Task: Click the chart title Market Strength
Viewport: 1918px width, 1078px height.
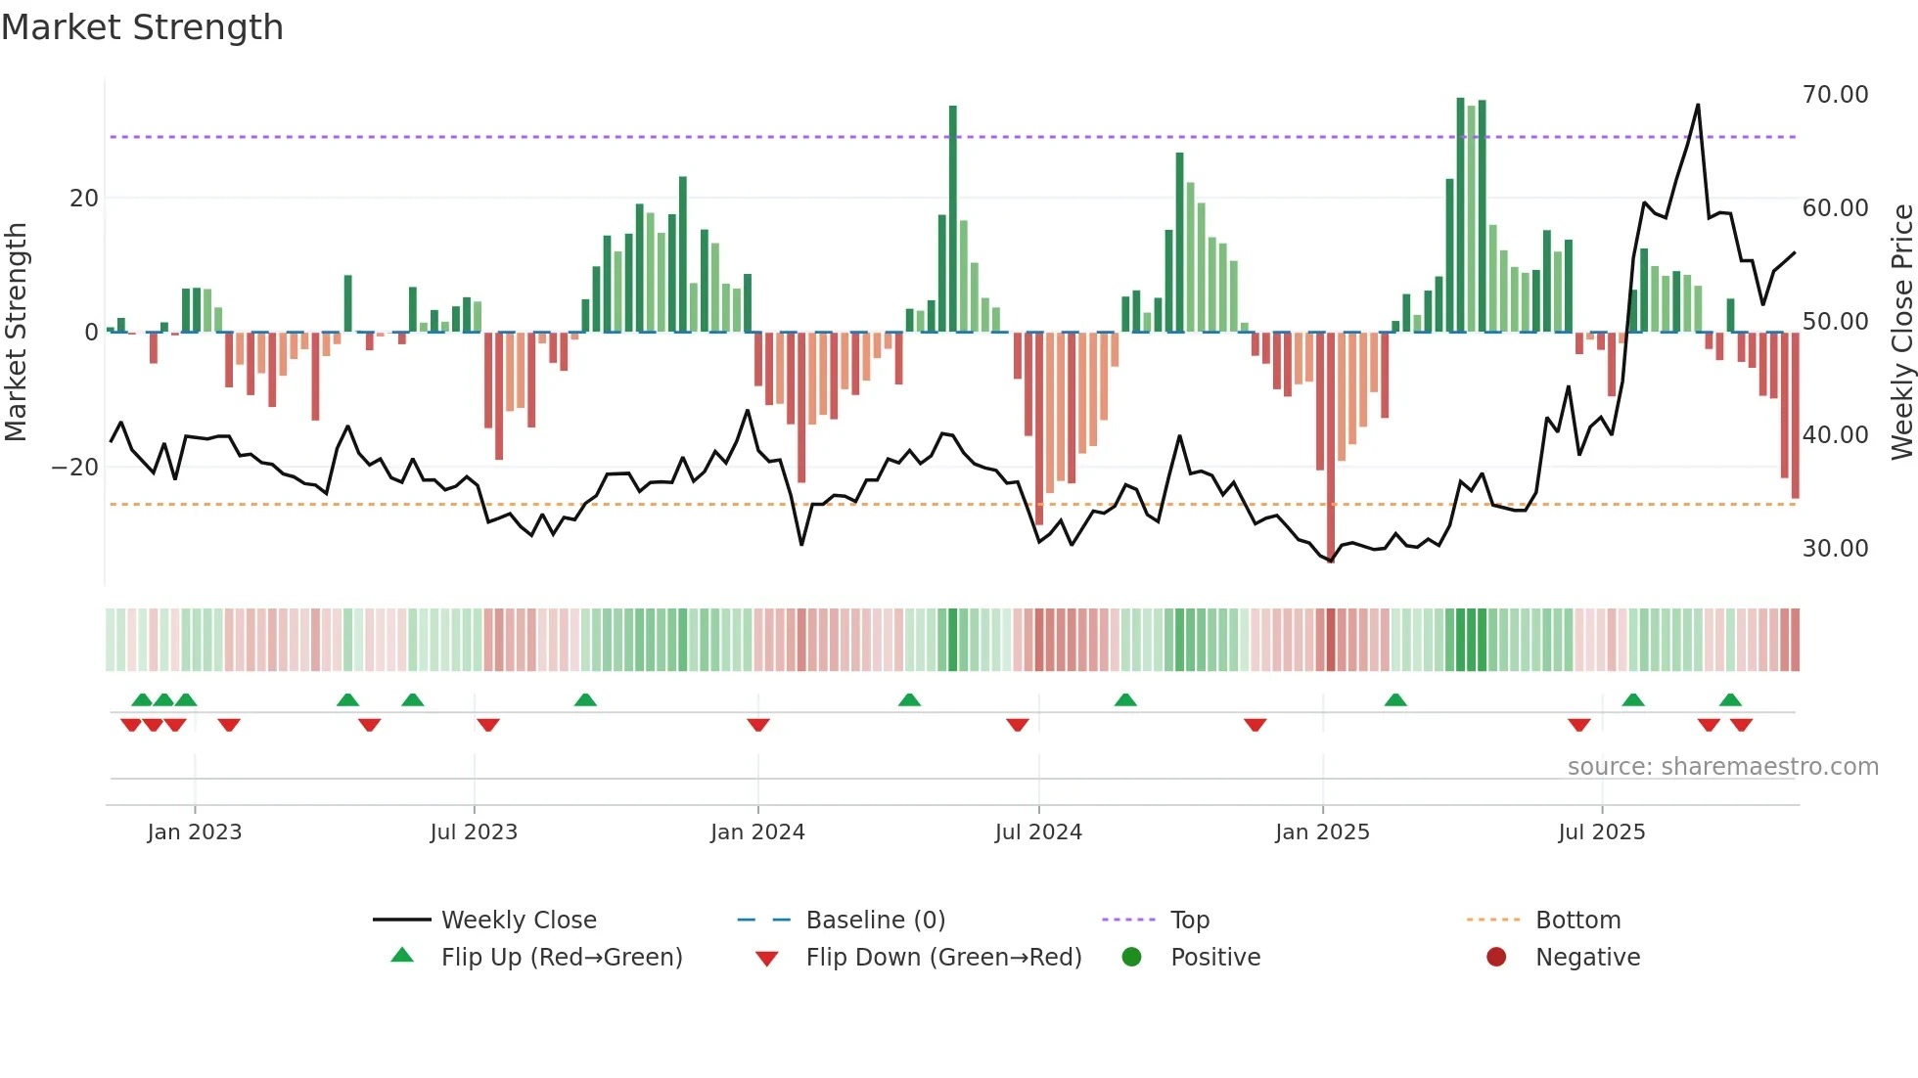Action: coord(142,27)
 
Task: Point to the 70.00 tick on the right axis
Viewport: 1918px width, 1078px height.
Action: coord(1835,95)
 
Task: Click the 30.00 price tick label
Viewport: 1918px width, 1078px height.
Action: coord(1835,549)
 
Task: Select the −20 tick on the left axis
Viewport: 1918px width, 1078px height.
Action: coord(75,468)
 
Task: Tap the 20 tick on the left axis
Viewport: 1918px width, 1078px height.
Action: coord(84,199)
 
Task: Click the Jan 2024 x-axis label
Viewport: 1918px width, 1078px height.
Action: coord(757,832)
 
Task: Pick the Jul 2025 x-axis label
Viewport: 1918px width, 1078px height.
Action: coord(1601,832)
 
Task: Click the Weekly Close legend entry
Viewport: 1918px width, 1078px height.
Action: coord(518,921)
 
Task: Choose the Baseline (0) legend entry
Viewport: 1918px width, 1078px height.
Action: coord(875,921)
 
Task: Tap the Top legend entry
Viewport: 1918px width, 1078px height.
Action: coord(1189,921)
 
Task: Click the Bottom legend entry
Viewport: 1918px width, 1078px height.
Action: coord(1577,921)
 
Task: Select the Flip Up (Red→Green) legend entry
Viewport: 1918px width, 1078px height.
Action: coord(561,958)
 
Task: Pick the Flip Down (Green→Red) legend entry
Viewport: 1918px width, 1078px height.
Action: coord(943,958)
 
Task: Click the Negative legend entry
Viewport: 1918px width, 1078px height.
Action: coord(1586,958)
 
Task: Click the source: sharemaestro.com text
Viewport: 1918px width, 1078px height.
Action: coord(1722,767)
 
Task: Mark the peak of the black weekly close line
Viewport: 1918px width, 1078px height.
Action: coord(1698,105)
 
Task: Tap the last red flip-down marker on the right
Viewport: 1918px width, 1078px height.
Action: coord(1741,725)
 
